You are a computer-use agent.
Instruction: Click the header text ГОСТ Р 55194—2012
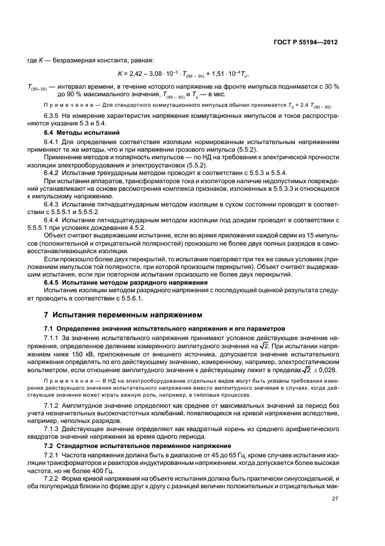(308, 42)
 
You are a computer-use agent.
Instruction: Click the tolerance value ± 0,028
(324, 369)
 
